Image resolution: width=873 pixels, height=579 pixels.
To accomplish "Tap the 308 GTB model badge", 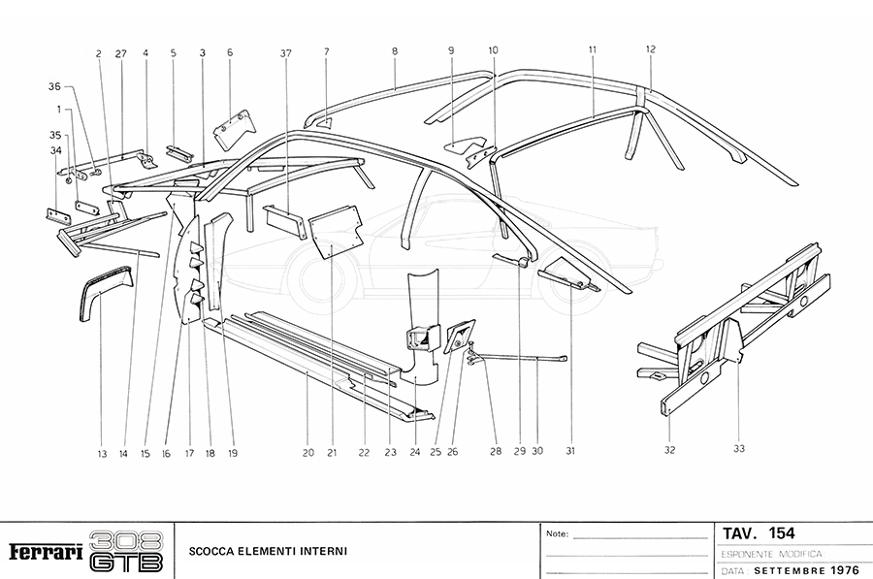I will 126,552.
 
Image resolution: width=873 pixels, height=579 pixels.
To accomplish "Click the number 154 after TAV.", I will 782,533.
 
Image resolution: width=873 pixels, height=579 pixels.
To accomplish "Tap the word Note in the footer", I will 557,533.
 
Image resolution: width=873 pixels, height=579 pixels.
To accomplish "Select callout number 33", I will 739,448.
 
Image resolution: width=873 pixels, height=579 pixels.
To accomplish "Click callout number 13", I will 101,453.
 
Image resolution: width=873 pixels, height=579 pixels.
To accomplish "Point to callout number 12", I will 651,48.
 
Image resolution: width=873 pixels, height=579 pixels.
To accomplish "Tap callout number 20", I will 307,453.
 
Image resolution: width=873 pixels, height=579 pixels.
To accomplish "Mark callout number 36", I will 54,87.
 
